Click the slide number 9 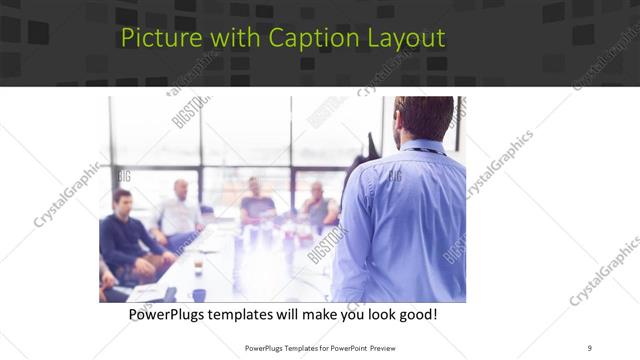589,347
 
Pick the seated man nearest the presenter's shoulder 319,205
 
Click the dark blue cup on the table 199,295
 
